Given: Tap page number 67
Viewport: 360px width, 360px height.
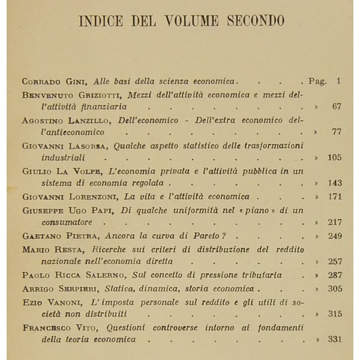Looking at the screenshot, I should click(336, 106).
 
